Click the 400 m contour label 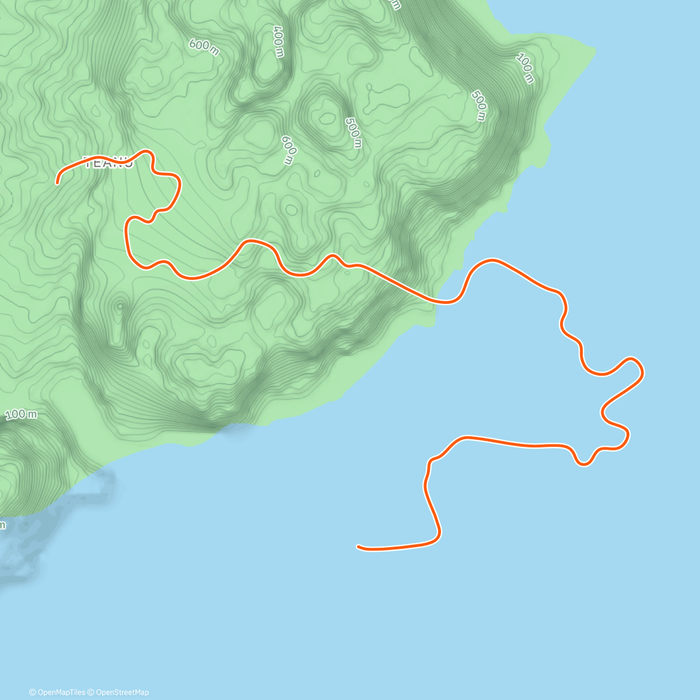[x=278, y=41]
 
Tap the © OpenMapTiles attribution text [x=57, y=692]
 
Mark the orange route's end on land [x=57, y=183]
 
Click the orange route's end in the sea [x=358, y=547]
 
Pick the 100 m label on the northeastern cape [x=525, y=68]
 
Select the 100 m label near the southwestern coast [x=21, y=414]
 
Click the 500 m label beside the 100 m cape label [x=479, y=106]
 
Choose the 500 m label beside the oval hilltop [x=352, y=132]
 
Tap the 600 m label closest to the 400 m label [x=204, y=47]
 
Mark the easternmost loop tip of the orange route [x=642, y=369]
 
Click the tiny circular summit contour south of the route [x=120, y=306]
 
